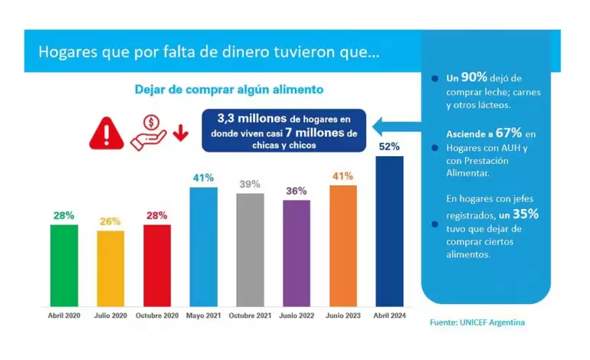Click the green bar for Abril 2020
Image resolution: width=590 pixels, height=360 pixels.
[64, 264]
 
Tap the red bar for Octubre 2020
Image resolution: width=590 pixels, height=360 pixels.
[156, 264]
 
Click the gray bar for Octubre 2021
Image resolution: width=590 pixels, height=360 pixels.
[250, 248]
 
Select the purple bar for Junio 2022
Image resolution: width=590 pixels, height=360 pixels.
[296, 252]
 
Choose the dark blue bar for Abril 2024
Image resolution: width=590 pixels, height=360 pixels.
[389, 230]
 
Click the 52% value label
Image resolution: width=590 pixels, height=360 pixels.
[389, 146]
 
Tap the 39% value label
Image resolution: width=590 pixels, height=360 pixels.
[250, 184]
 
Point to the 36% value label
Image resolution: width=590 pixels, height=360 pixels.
[296, 191]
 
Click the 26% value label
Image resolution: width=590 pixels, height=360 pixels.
[110, 221]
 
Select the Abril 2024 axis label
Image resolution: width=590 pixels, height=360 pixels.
[389, 316]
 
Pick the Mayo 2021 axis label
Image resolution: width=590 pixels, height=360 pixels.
[203, 316]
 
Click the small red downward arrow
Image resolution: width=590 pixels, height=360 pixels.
[181, 135]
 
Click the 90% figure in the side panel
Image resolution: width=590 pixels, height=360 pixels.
[477, 78]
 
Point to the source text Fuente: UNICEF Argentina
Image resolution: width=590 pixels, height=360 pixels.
[477, 322]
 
